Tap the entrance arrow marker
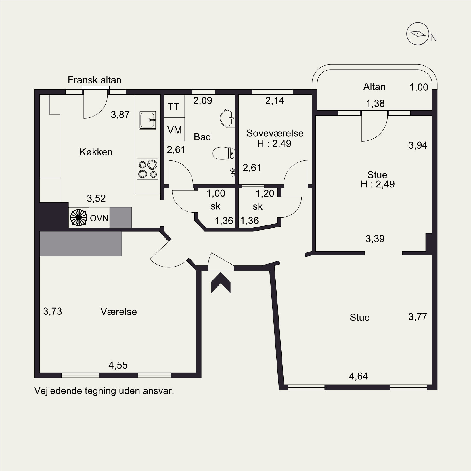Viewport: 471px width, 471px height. pos(221,283)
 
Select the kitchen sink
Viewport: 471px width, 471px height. pos(148,120)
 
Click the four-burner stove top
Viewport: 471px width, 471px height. pos(148,169)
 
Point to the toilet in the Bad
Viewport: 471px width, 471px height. pos(224,153)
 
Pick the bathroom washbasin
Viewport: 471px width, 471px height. pos(227,118)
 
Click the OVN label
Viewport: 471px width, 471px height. pos(99,218)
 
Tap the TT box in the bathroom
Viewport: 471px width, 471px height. pos(174,107)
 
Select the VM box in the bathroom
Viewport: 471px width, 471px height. pos(174,130)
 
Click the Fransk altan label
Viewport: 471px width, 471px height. pos(95,80)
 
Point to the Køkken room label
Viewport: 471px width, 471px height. pos(96,152)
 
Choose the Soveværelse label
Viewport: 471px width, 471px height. pos(275,133)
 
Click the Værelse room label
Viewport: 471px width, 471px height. pos(119,312)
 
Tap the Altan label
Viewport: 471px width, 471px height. pos(374,87)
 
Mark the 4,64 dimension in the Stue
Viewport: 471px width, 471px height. pos(358,376)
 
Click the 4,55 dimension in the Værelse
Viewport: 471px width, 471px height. pos(118,365)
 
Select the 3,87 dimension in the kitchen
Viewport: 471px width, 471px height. pos(120,115)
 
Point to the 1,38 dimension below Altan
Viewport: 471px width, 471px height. pos(375,103)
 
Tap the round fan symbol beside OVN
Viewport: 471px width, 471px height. pos(78,217)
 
